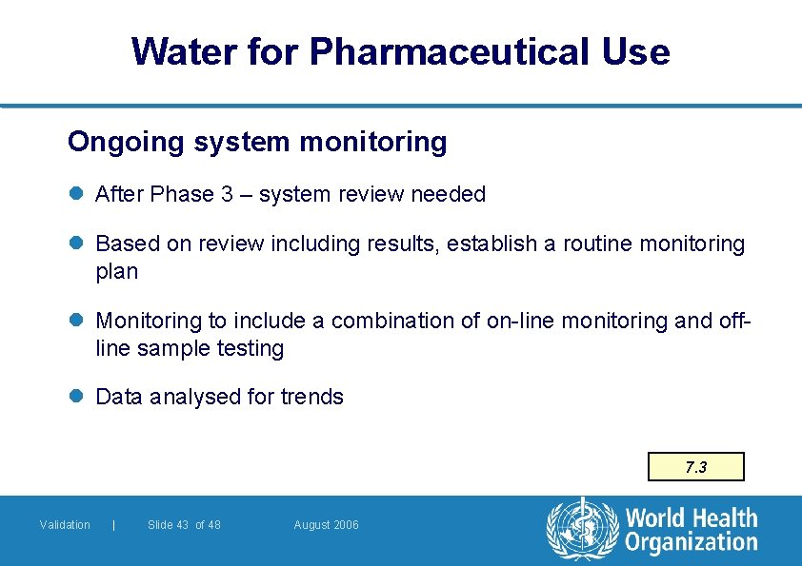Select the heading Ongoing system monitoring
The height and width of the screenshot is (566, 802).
pyautogui.click(x=257, y=143)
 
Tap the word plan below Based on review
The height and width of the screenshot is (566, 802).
pyautogui.click(x=117, y=272)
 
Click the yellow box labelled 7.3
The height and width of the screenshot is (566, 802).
pyautogui.click(x=696, y=467)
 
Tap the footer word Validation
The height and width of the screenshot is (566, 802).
pyautogui.click(x=65, y=525)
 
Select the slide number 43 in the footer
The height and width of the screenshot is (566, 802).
pyautogui.click(x=181, y=525)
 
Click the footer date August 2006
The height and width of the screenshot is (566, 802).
pyautogui.click(x=327, y=525)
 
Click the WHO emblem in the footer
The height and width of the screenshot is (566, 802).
pyautogui.click(x=581, y=528)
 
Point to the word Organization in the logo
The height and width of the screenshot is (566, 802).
pyautogui.click(x=691, y=543)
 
